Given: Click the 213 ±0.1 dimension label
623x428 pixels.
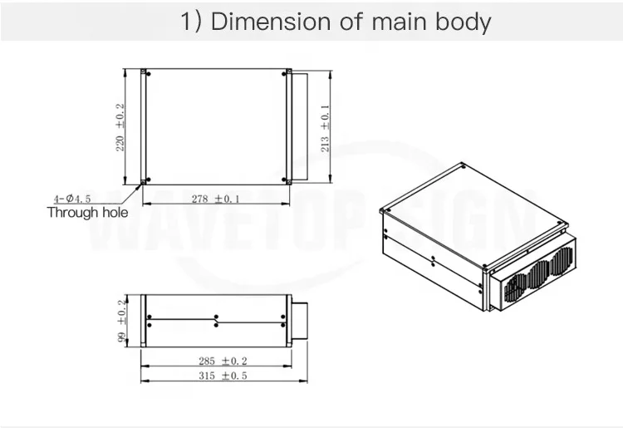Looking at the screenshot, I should click(325, 127).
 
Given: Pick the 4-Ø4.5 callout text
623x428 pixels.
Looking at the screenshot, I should click(72, 199).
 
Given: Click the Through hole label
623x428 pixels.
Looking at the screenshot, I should click(86, 213).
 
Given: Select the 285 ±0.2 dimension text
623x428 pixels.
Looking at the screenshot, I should click(218, 362).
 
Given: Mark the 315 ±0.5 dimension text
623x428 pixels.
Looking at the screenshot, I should click(218, 376).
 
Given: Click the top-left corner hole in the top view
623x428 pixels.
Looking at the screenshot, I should click(144, 72).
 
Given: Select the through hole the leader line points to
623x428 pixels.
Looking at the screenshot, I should click(144, 180).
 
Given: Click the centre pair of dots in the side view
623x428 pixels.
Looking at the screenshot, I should click(216, 321).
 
